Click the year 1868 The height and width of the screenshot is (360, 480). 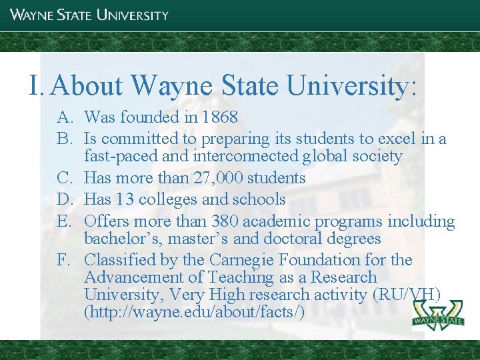(219, 117)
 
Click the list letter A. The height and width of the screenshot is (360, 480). (65, 117)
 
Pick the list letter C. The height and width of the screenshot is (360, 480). (65, 178)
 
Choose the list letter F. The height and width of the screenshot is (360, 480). (64, 259)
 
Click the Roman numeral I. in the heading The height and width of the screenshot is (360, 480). (37, 85)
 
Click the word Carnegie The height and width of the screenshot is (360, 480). (240, 259)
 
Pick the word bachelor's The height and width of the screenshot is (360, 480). (123, 238)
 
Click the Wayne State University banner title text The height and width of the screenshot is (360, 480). (89, 14)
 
